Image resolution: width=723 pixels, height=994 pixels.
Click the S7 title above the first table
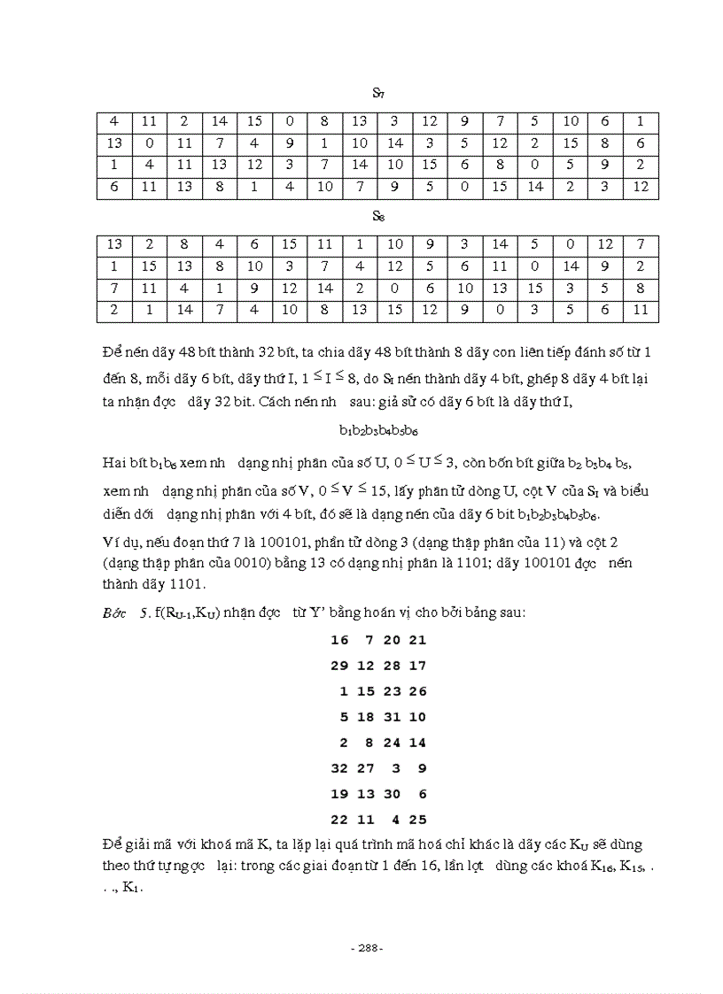[x=377, y=93]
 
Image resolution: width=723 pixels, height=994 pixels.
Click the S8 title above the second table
[x=377, y=216]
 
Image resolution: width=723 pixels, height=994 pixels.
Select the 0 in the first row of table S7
[x=289, y=121]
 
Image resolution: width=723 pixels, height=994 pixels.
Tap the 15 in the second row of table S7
[x=571, y=143]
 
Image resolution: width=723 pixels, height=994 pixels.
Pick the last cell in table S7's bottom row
[x=641, y=187]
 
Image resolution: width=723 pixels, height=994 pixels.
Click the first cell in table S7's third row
[x=114, y=165]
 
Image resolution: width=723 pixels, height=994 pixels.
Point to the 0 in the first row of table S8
[x=571, y=244]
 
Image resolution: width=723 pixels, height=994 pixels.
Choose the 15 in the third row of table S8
[x=535, y=288]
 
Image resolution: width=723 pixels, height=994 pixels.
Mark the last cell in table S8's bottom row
[x=641, y=310]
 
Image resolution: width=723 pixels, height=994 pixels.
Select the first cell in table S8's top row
[x=114, y=244]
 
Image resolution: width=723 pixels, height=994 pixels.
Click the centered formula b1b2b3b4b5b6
[x=378, y=431]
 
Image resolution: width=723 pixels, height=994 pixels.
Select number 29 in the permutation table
[x=338, y=665]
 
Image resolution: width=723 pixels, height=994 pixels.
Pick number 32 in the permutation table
[x=338, y=768]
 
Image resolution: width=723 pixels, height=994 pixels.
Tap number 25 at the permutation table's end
[x=417, y=820]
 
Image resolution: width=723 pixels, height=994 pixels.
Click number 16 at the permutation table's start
[x=338, y=639]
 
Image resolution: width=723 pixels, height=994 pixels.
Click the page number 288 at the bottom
[x=367, y=948]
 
